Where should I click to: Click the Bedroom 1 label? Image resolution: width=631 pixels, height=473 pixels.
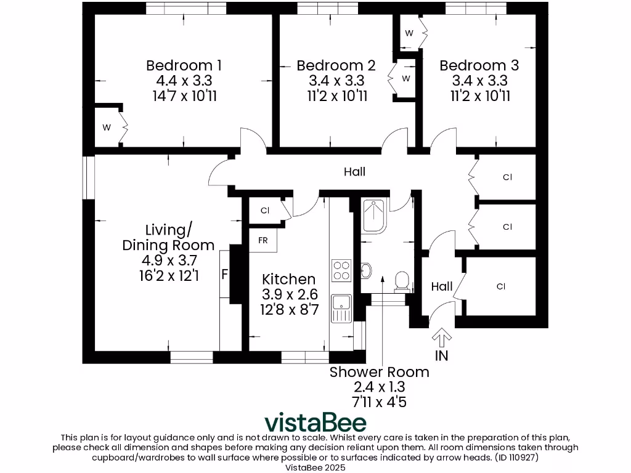tap(184, 65)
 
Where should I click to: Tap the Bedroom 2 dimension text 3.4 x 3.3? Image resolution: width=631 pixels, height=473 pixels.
tap(336, 81)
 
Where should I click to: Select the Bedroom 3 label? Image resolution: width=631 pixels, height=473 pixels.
tap(479, 65)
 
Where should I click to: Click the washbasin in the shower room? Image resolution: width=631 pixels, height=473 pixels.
tap(366, 270)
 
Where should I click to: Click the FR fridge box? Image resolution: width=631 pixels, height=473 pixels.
tap(263, 240)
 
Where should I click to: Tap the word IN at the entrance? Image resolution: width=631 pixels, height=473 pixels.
tap(442, 356)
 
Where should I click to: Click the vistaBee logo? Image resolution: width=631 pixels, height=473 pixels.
tap(315, 422)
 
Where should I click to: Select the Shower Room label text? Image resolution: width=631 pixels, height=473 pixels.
tap(379, 372)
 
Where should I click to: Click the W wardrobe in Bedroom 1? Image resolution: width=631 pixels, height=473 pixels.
tap(107, 127)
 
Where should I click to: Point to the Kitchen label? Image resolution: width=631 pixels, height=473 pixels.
tap(288, 279)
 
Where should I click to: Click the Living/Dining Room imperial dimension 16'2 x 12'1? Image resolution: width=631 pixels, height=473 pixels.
tap(168, 275)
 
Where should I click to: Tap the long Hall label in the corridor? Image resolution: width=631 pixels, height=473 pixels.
tap(355, 172)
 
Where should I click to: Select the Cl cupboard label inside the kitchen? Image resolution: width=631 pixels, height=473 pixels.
tap(265, 211)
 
